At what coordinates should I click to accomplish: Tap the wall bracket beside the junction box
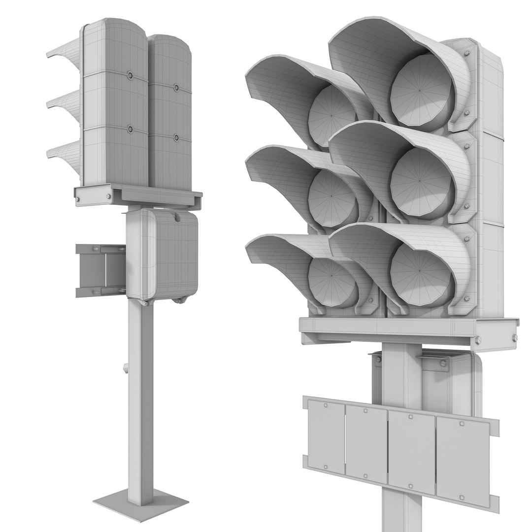(99, 270)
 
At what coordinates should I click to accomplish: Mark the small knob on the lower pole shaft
(126, 367)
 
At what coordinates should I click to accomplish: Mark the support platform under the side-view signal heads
(138, 195)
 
